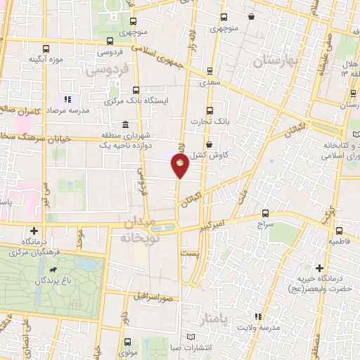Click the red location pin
pyautogui.click(x=181, y=165)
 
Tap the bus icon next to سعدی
pyautogui.click(x=210, y=70)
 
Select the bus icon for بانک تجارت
pyautogui.click(x=210, y=110)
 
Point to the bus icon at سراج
pyautogui.click(x=265, y=213)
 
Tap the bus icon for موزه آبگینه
pyautogui.click(x=46, y=49)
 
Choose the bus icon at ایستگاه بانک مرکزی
pyautogui.click(x=136, y=90)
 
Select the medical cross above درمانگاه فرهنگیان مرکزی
pyautogui.click(x=34, y=231)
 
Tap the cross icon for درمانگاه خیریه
pyautogui.click(x=319, y=268)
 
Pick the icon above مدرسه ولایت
pyautogui.click(x=257, y=317)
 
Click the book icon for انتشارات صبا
pyautogui.click(x=189, y=337)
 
